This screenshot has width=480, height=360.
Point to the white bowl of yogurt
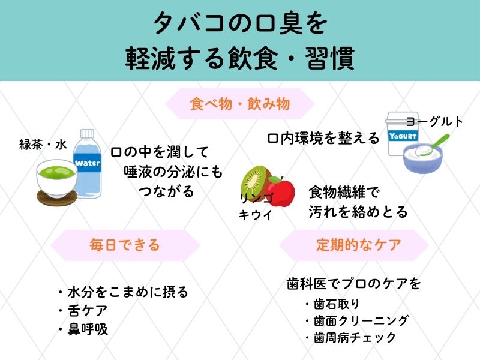coord(423,159)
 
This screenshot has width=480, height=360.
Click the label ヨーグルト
coord(434,121)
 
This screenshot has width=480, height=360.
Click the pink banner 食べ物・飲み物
coord(239,104)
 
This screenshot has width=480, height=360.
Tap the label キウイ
coord(254,215)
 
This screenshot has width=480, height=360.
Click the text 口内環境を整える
coord(323,139)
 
